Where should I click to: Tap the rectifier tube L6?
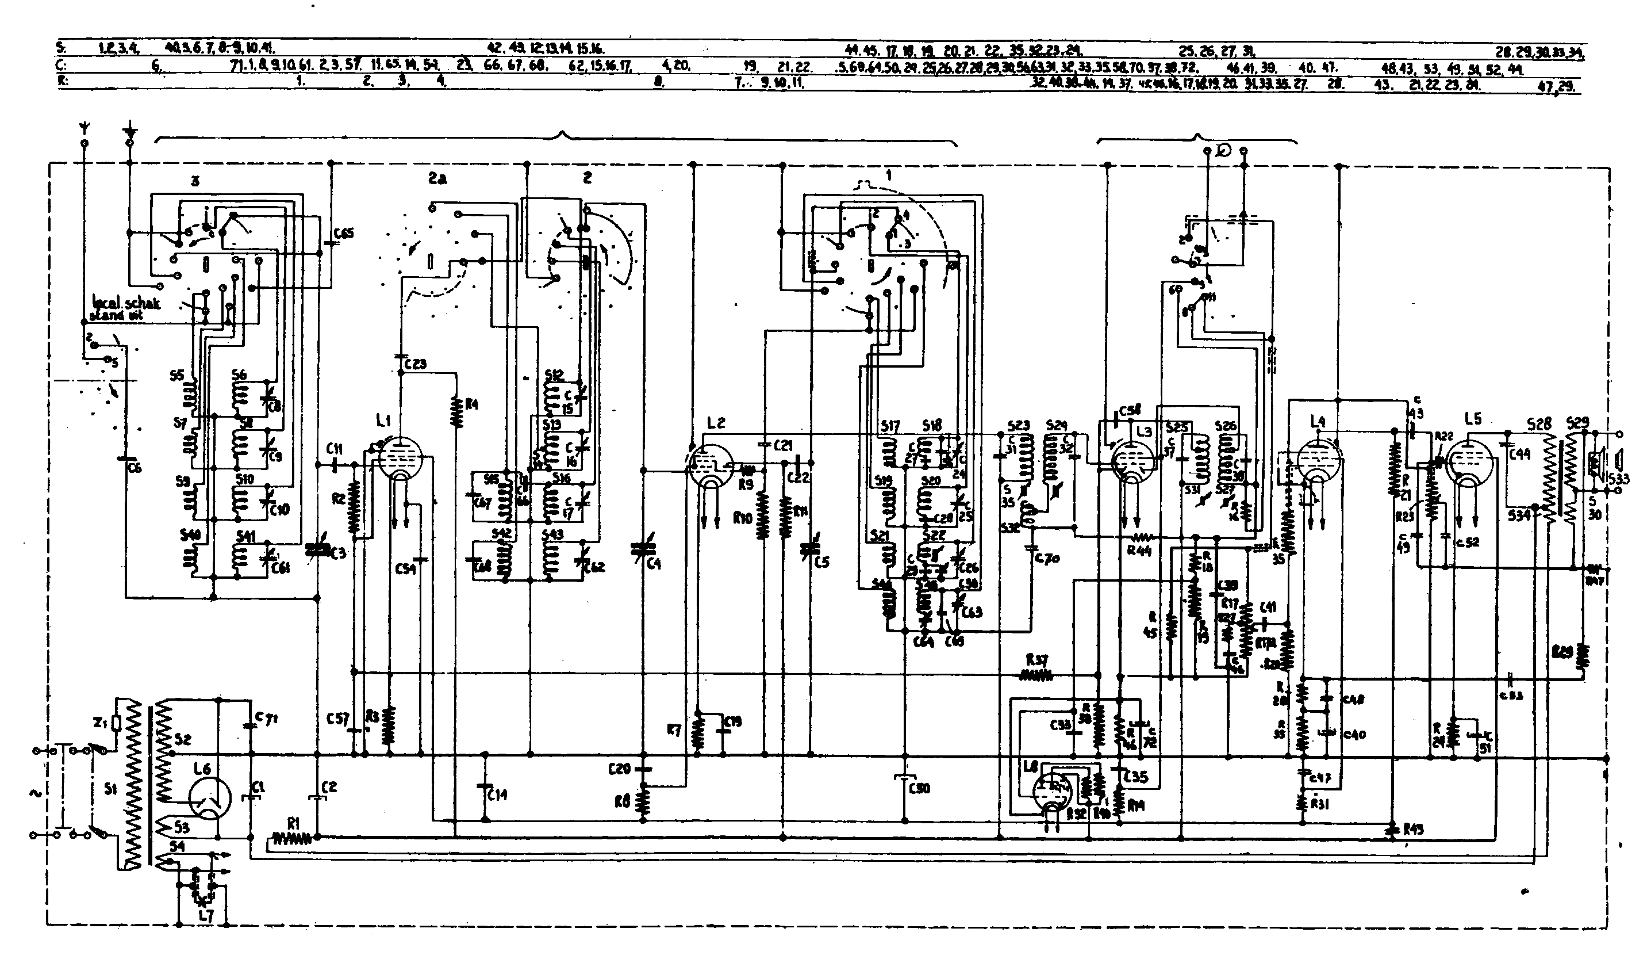[210, 799]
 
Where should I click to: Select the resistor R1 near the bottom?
[292, 838]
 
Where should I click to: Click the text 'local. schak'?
[126, 304]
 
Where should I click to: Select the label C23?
[416, 364]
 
